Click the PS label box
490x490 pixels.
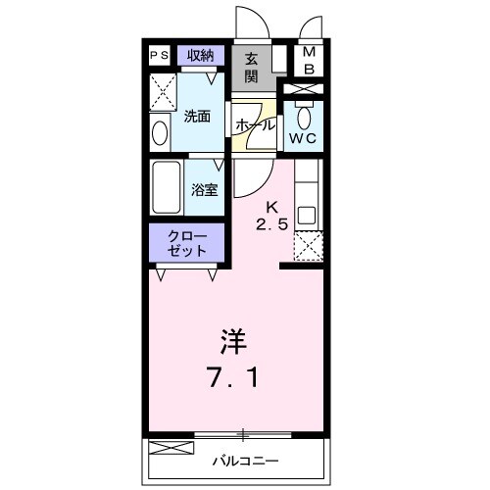160,56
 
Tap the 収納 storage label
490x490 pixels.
200,55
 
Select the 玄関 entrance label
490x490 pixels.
252,67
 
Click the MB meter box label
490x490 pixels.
308,60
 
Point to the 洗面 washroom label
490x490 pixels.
197,117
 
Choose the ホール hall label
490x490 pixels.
255,126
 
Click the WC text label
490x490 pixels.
299,137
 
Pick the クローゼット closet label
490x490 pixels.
187,242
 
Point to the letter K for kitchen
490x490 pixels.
274,207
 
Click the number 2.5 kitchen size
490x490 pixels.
274,224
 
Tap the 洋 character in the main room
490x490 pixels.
233,342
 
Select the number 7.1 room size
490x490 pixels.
233,377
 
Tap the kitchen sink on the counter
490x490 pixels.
307,214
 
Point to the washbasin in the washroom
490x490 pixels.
160,130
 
